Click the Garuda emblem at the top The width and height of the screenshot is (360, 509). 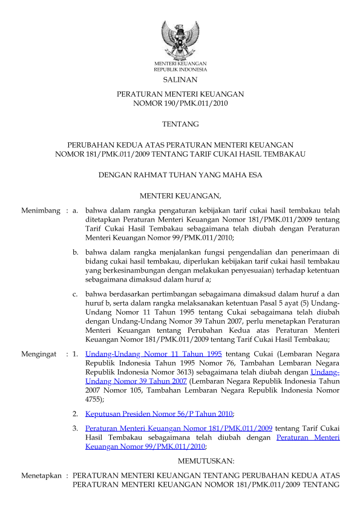tap(180, 39)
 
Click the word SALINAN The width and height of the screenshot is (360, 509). tap(180, 80)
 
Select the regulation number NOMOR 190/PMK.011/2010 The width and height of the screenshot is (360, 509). tap(180, 103)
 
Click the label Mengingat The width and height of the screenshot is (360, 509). tap(41, 353)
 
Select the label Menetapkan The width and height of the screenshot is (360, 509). tap(41, 476)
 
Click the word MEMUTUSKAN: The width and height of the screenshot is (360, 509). tap(180, 461)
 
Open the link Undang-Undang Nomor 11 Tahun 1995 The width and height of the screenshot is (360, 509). tap(153, 353)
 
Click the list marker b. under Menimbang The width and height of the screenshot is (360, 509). tap(76, 251)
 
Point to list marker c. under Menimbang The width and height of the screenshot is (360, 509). tap(76, 294)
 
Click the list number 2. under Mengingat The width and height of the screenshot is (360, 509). tap(76, 414)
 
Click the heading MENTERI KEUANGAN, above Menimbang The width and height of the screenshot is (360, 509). tap(180, 195)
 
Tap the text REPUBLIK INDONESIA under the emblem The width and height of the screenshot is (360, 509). tap(180, 69)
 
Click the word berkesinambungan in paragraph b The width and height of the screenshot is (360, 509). tap(128, 272)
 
